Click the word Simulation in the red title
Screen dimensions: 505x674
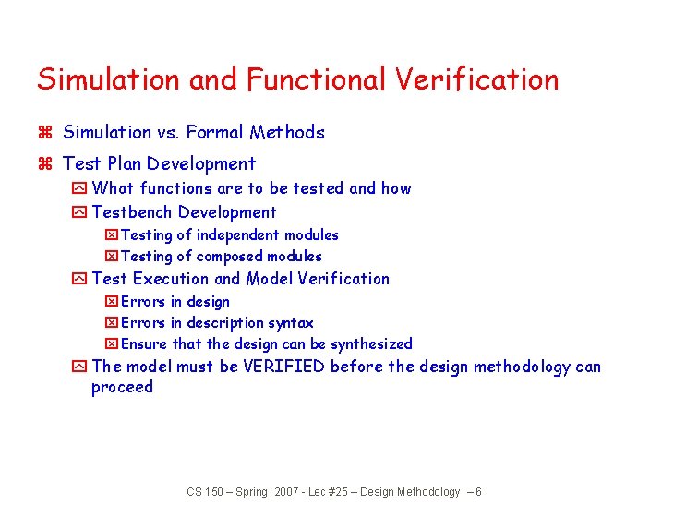[x=109, y=80]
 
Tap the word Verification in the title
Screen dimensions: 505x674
[x=477, y=80]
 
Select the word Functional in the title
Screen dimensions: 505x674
[x=317, y=80]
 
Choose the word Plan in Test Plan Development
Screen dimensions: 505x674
[x=125, y=164]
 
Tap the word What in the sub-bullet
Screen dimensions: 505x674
[x=114, y=188]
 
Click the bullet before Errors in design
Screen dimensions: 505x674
[x=112, y=302]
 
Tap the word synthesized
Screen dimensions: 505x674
[x=371, y=344]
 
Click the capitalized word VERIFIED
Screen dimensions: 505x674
[x=284, y=367]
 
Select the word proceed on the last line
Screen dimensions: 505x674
[x=122, y=388]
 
